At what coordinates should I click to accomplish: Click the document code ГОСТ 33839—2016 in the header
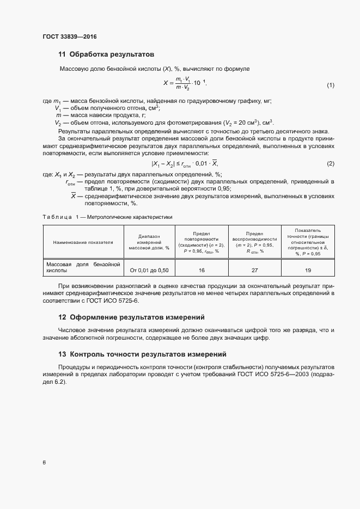point(69,37)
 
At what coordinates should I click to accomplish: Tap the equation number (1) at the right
point(330,85)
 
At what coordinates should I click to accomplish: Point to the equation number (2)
point(330,164)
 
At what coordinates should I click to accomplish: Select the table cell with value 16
point(202,270)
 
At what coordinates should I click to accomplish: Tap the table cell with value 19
point(308,270)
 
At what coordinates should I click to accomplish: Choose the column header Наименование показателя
point(83,242)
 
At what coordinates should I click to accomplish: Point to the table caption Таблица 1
point(107,217)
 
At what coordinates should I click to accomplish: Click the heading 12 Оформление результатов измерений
point(130,317)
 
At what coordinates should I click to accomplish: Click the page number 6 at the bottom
point(44,463)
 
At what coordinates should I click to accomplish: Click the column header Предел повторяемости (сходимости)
point(202,242)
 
